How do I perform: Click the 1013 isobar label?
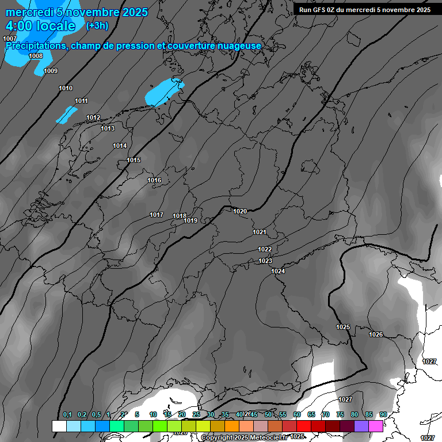108,128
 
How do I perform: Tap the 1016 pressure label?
154,180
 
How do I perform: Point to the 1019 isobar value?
191,220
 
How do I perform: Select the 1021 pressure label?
260,232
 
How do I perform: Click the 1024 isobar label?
278,271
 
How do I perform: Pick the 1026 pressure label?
376,334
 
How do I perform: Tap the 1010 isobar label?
66,88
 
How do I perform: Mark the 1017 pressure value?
157,215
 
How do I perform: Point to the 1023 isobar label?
265,261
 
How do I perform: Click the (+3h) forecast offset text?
97,25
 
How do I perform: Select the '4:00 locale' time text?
40,26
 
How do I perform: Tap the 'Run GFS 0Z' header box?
365,9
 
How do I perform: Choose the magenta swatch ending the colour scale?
376,426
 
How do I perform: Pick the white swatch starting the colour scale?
59,426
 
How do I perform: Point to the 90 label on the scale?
383,414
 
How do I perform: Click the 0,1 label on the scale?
67,414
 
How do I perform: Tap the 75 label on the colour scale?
340,414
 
